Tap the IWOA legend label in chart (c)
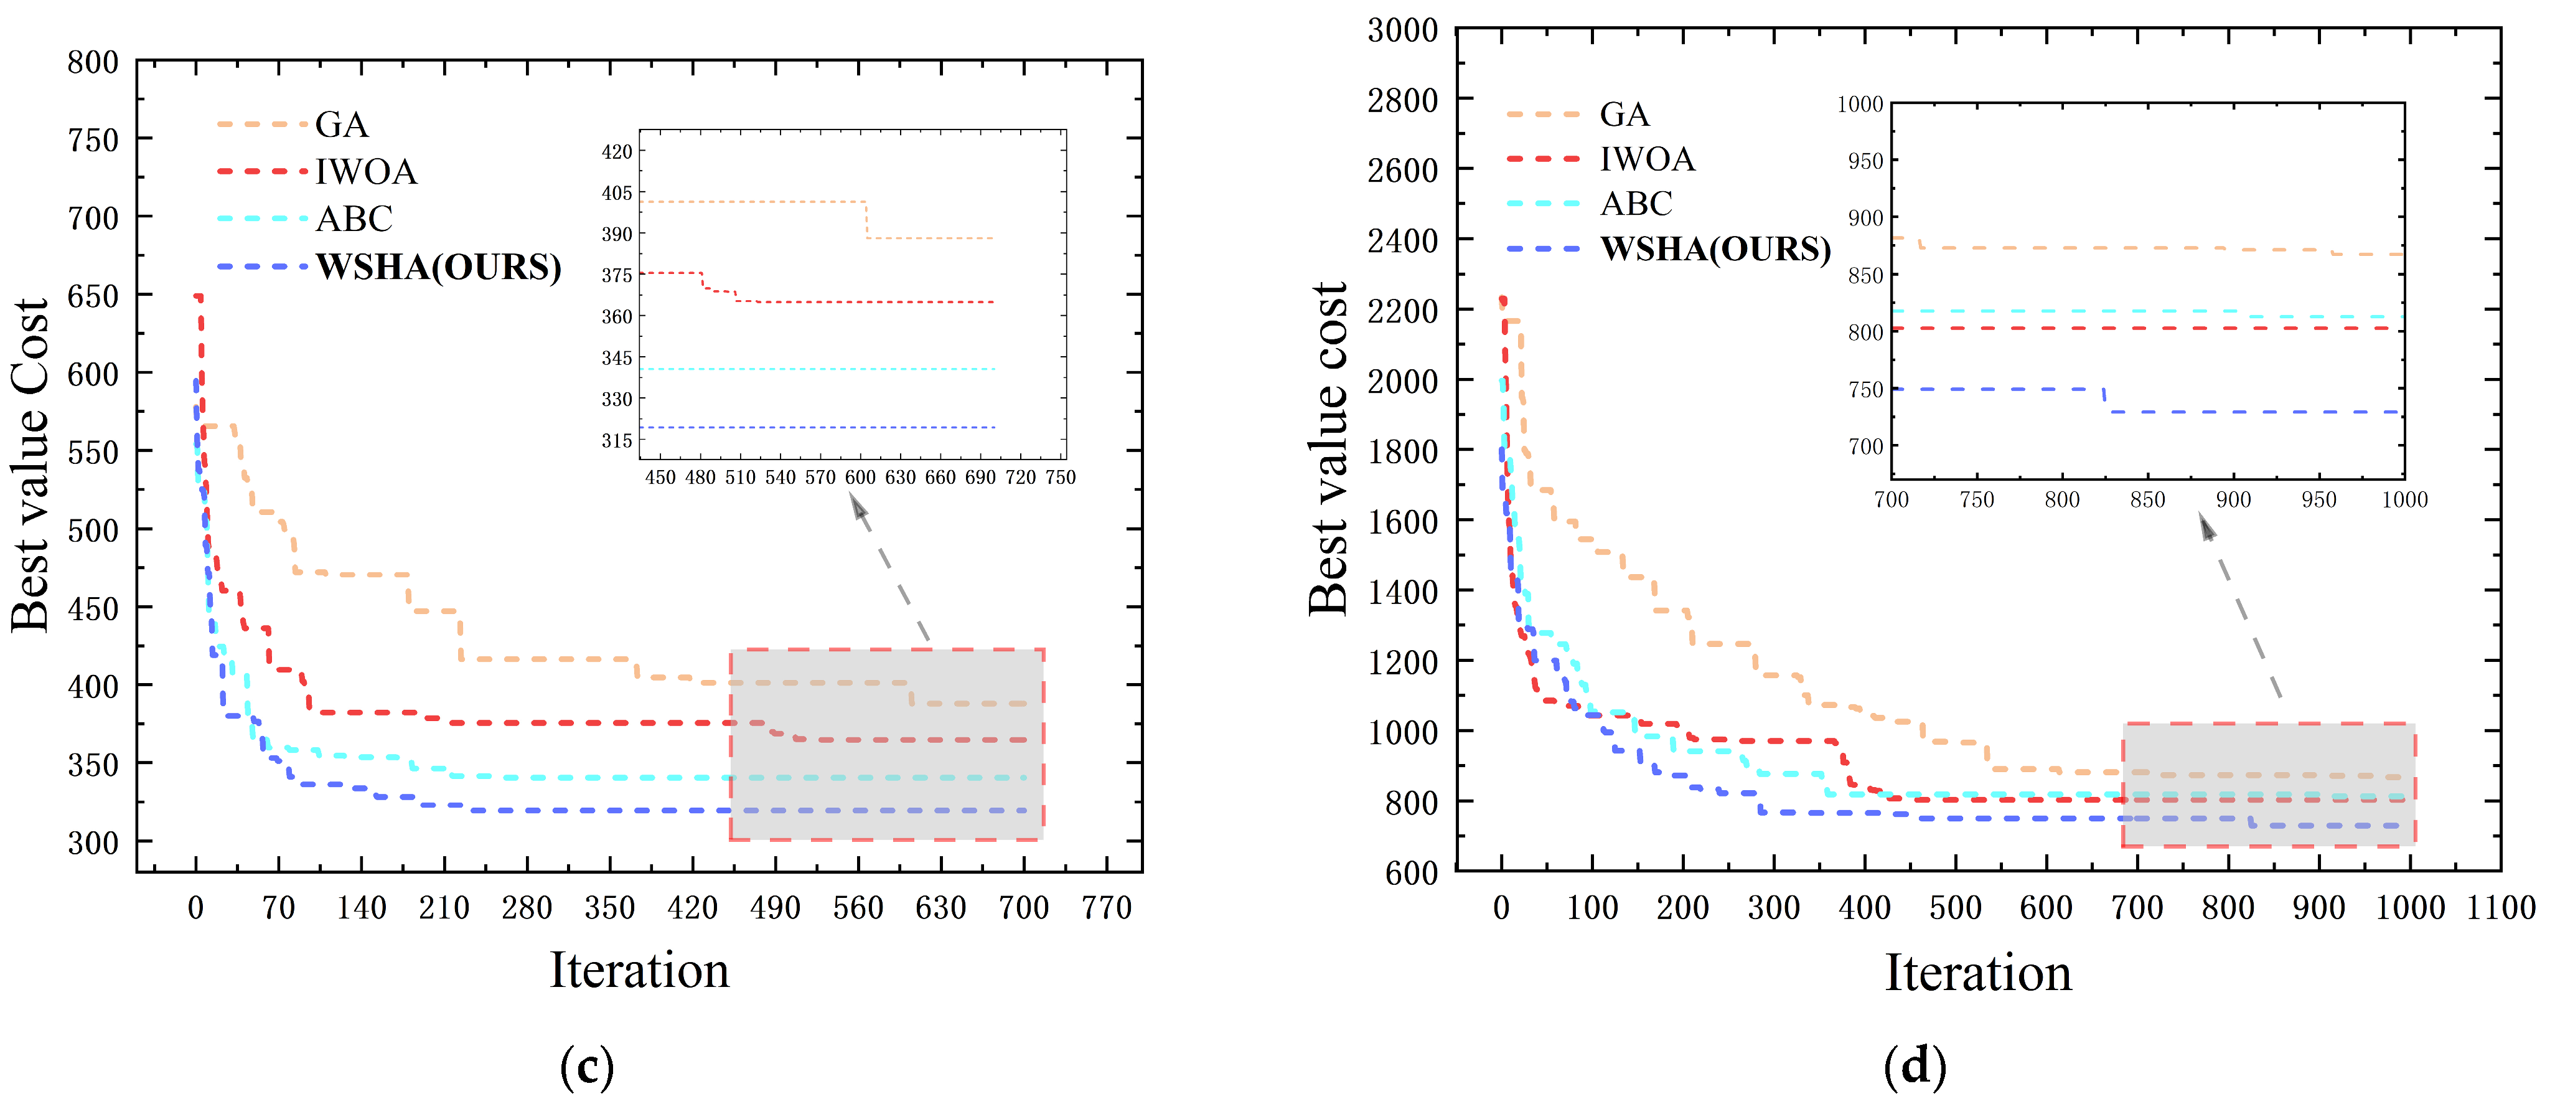tap(366, 172)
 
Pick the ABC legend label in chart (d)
tap(1636, 204)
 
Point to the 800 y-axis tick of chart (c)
tap(93, 62)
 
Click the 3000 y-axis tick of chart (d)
tap(1402, 31)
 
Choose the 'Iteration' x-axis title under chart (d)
tap(1978, 972)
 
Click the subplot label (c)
tap(586, 1067)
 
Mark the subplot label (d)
tap(1915, 1067)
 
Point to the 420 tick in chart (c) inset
tap(616, 152)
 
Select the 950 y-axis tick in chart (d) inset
tap(1865, 161)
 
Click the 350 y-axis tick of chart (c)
tap(93, 764)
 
